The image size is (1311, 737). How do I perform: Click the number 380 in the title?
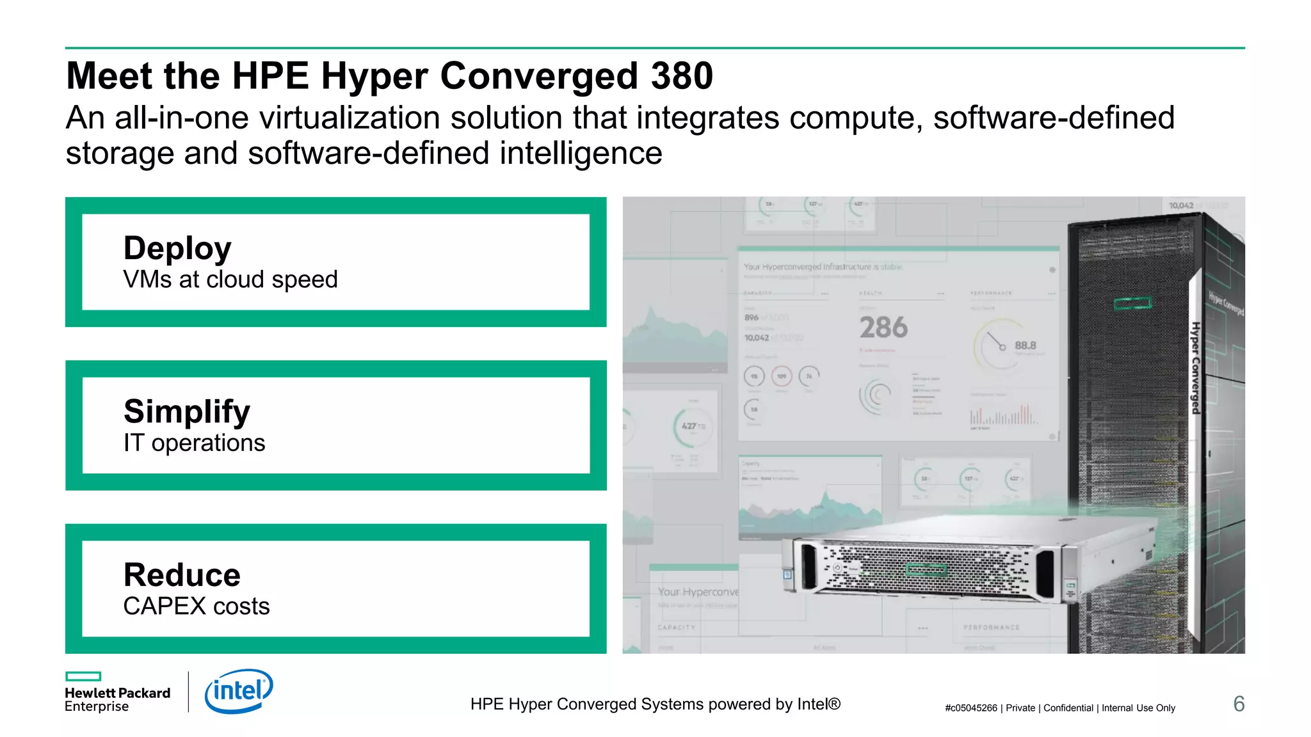[682, 76]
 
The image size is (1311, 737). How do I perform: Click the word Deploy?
[177, 248]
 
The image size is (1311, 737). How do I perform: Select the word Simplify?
[187, 411]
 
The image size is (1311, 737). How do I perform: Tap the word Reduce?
[182, 575]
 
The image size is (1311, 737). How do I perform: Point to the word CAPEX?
[165, 606]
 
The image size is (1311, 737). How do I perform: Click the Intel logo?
[238, 691]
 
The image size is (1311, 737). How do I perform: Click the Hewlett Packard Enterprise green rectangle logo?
[83, 676]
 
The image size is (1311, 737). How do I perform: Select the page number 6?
[1239, 704]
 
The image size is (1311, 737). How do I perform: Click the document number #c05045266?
[970, 708]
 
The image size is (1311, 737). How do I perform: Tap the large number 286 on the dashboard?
[883, 328]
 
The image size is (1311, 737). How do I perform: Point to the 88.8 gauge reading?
[1025, 345]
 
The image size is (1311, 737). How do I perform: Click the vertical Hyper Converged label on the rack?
[1195, 368]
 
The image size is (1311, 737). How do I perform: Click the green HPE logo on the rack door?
[1132, 303]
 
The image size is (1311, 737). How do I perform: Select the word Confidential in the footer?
[1068, 708]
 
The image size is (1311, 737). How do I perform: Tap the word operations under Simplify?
[208, 443]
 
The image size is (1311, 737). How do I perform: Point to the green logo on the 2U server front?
[926, 569]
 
